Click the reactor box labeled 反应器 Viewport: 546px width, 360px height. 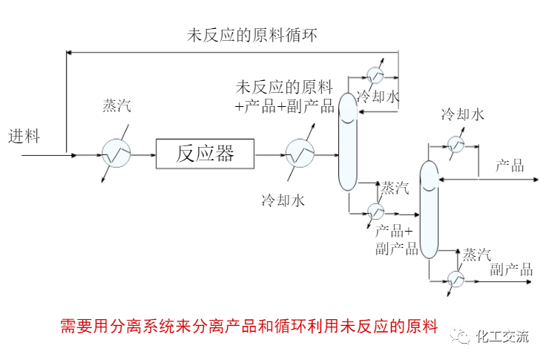click(x=205, y=154)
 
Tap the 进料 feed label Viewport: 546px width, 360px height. click(x=24, y=137)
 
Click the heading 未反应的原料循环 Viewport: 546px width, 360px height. click(x=252, y=35)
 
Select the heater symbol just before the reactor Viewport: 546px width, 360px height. click(x=116, y=154)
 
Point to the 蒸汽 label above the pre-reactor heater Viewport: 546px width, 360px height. click(x=116, y=105)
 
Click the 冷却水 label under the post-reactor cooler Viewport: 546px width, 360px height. click(x=283, y=200)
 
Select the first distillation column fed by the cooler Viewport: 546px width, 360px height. click(x=347, y=141)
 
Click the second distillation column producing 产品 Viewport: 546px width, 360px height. click(x=429, y=210)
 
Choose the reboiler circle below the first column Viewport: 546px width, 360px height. click(x=375, y=212)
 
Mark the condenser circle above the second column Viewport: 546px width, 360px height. click(x=455, y=143)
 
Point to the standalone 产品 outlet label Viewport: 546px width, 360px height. click(x=510, y=166)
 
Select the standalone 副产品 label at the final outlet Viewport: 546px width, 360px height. click(x=511, y=269)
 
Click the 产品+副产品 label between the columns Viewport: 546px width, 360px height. click(x=397, y=240)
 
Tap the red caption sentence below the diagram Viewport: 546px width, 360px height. click(x=249, y=326)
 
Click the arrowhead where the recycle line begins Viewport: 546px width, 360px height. click(x=69, y=51)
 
